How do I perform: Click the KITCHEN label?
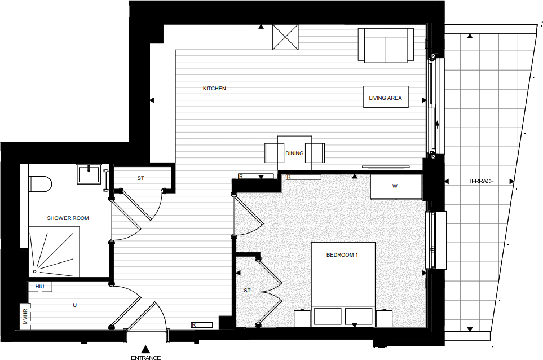point(214,89)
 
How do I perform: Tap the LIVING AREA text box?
point(385,98)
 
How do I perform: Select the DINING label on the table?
point(294,153)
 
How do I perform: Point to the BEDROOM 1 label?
point(342,255)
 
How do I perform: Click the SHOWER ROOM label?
point(68,218)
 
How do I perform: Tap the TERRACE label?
point(480,181)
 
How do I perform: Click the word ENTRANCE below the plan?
point(145,357)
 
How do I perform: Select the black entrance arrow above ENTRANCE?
point(145,349)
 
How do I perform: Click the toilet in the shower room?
point(39,183)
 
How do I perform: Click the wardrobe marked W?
point(395,187)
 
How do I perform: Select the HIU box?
point(40,287)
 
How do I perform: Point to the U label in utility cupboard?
point(74,305)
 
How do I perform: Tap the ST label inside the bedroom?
point(246,291)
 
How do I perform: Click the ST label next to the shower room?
point(140,178)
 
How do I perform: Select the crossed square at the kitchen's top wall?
point(286,37)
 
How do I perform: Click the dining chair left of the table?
point(274,153)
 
